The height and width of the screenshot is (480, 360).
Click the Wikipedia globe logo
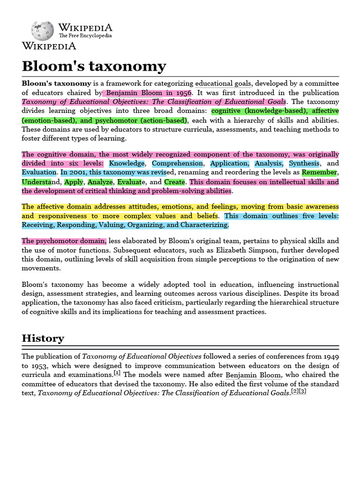coord(42,30)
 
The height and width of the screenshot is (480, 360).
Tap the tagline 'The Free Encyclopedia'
coord(85,36)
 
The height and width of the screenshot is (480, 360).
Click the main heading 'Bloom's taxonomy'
coord(94,66)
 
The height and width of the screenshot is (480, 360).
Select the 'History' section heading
coord(43,338)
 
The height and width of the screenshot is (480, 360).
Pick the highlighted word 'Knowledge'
coord(127,164)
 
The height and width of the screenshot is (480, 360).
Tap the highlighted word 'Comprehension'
coord(177,164)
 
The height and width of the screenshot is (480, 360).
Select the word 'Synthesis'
coord(304,164)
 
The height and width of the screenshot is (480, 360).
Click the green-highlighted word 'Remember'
coord(319,172)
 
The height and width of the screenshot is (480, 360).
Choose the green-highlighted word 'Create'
coord(174,182)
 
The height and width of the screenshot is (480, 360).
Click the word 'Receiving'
coord(38,225)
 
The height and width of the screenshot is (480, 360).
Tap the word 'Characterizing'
coord(203,225)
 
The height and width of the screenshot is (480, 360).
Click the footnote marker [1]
coord(117,373)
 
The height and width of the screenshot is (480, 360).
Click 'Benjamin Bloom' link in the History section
coord(253,375)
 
